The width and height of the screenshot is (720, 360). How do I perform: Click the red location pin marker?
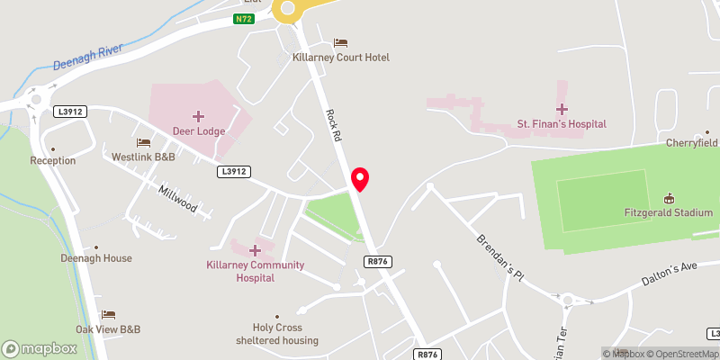click(x=360, y=178)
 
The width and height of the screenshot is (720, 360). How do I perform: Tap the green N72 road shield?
click(x=243, y=19)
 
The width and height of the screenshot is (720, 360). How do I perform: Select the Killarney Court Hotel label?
click(x=341, y=58)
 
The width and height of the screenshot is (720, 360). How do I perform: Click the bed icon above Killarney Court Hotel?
click(x=340, y=42)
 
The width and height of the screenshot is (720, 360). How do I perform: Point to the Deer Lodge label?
click(x=199, y=131)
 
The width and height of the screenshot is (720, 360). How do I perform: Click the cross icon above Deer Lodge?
click(x=199, y=116)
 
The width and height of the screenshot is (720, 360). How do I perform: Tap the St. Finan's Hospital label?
click(x=561, y=123)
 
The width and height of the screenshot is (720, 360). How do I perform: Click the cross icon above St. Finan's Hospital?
click(x=562, y=108)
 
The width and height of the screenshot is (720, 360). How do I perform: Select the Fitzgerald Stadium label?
click(x=669, y=213)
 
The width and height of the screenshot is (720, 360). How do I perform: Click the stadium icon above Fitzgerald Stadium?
click(x=669, y=198)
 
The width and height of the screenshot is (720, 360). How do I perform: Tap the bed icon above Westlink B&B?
click(x=143, y=142)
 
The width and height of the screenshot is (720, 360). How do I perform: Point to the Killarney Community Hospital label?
click(x=255, y=271)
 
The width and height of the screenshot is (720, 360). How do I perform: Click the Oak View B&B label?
click(x=109, y=328)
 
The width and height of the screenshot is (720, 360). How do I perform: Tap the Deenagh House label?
click(x=95, y=258)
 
